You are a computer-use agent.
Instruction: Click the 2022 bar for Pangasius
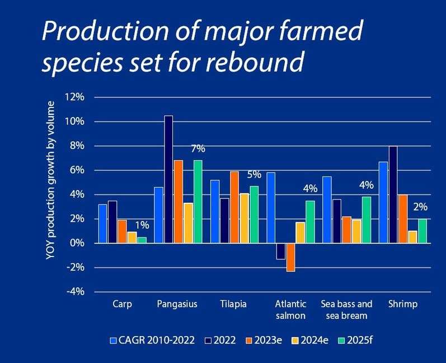pyautogui.click(x=168, y=179)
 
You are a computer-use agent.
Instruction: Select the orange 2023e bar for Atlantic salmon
pyautogui.click(x=290, y=257)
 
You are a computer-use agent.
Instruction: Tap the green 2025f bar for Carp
pyautogui.click(x=142, y=240)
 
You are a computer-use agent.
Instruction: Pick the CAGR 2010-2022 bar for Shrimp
pyautogui.click(x=383, y=202)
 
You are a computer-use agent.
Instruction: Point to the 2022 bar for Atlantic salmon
pyautogui.click(x=280, y=251)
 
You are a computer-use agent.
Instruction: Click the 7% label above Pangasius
pyautogui.click(x=198, y=148)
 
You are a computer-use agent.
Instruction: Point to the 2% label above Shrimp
pyautogui.click(x=420, y=207)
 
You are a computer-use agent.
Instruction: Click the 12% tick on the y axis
pyautogui.click(x=75, y=97)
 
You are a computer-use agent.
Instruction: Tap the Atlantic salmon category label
pyautogui.click(x=290, y=310)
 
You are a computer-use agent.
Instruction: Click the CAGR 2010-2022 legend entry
pyautogui.click(x=150, y=339)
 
